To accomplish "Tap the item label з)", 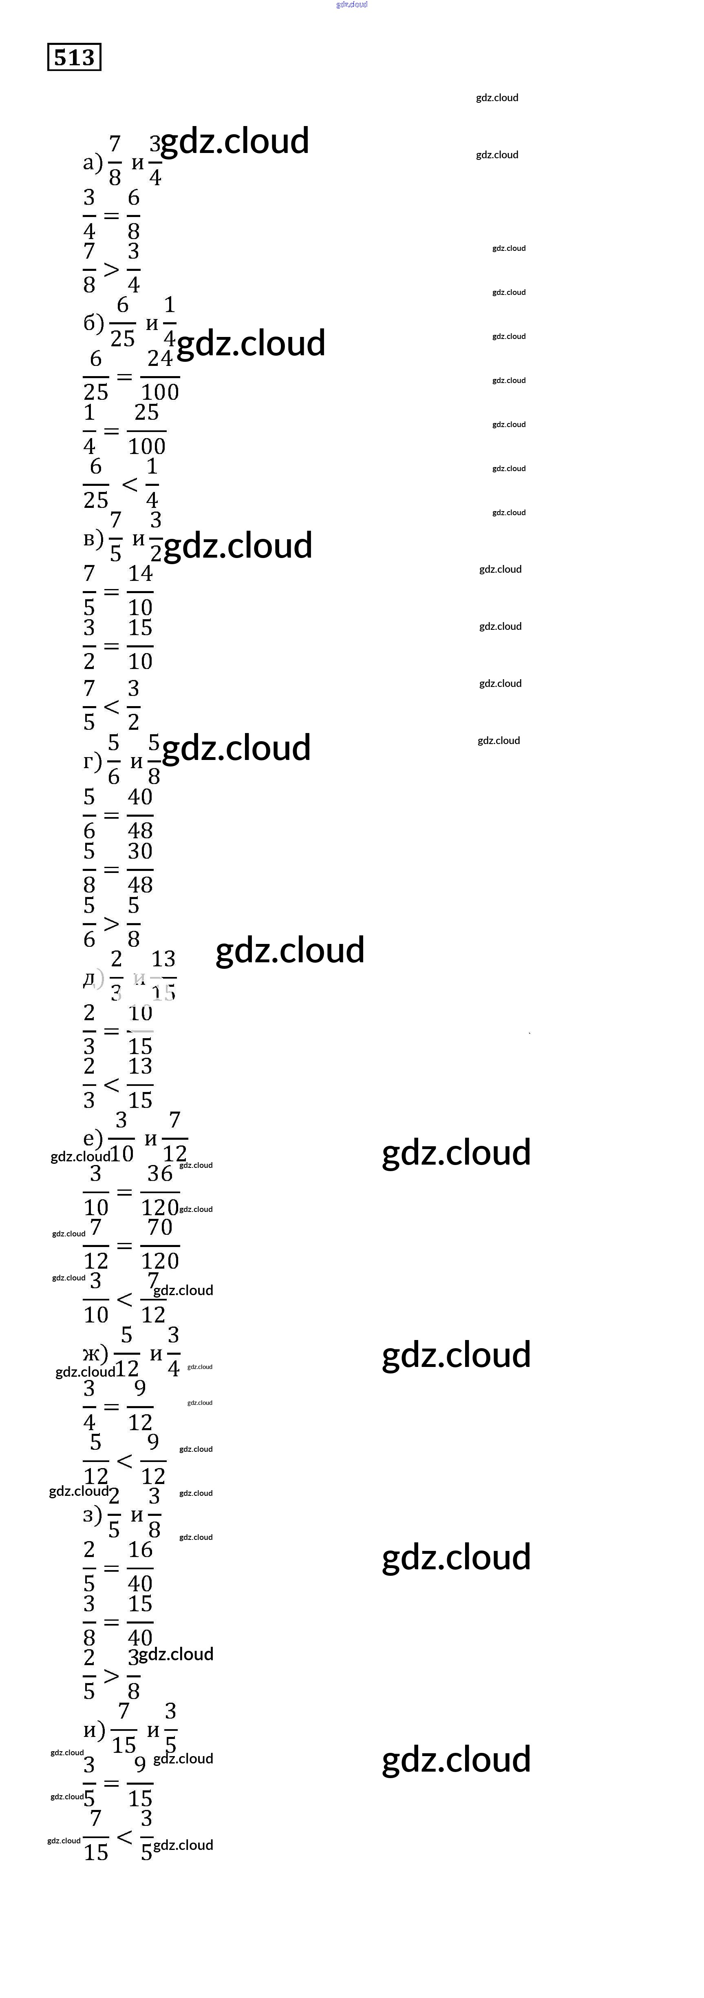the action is [92, 1515].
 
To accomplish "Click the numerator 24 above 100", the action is [160, 358].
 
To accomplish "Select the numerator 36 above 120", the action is [160, 1174].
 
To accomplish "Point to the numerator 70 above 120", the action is [160, 1227].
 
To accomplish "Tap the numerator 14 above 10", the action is [140, 574].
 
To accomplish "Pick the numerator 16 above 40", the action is [140, 1550].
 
